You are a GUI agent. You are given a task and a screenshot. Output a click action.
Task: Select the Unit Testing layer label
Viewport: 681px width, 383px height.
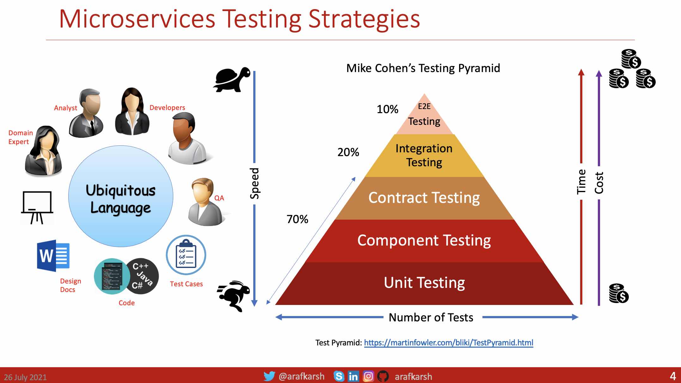pos(424,283)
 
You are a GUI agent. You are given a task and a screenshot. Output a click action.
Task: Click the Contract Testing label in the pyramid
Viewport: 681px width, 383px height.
pos(424,198)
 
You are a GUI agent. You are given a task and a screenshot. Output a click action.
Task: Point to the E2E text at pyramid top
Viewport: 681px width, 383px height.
pos(424,106)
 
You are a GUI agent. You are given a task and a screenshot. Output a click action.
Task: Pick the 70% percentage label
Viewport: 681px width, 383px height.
pos(297,219)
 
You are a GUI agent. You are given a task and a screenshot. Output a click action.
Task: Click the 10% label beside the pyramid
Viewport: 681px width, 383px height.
pos(387,109)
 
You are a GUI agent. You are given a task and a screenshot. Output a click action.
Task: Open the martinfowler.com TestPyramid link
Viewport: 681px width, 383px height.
pos(448,343)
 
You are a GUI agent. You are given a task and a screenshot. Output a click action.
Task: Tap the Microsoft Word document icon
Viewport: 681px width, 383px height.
pos(53,256)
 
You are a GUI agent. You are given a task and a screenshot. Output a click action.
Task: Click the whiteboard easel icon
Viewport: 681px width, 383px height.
pos(37,207)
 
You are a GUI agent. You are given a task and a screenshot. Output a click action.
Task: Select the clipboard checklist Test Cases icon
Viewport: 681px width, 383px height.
pos(186,255)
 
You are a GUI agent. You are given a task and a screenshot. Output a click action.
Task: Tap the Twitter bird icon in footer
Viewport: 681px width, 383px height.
pos(269,376)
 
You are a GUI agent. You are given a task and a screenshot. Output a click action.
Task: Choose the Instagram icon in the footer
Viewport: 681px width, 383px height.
pos(368,376)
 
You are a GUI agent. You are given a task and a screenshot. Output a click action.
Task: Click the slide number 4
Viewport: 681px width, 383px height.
pos(673,376)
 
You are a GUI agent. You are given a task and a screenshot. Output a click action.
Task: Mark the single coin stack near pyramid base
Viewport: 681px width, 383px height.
pos(618,293)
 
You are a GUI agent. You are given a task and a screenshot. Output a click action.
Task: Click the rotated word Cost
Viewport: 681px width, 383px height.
pos(599,183)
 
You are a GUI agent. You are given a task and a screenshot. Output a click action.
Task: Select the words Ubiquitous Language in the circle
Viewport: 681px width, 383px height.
pos(120,199)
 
